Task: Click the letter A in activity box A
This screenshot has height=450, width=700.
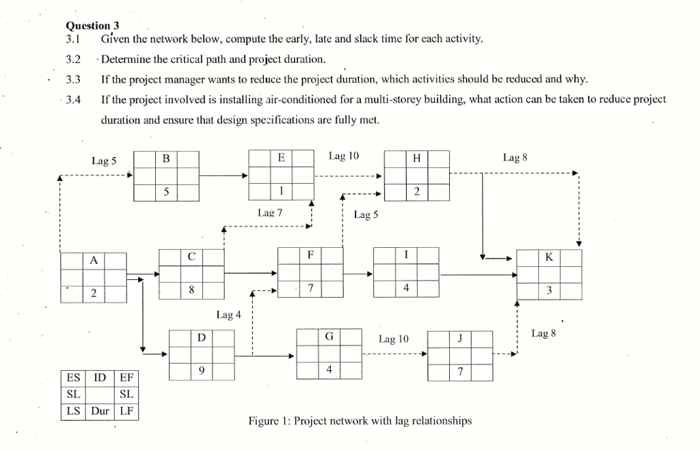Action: [93, 260]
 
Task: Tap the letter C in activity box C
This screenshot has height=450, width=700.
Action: [191, 257]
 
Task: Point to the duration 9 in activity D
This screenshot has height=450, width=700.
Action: [201, 371]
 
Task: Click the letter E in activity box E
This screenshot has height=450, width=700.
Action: [281, 158]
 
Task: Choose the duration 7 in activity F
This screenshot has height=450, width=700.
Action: [310, 288]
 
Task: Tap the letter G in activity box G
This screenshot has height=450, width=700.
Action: [329, 337]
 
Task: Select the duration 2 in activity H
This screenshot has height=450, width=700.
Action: [417, 191]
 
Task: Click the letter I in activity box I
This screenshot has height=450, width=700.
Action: [406, 255]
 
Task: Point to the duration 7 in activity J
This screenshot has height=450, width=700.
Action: [460, 371]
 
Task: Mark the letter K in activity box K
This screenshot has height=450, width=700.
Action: [550, 257]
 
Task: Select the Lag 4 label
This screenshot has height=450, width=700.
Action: [228, 315]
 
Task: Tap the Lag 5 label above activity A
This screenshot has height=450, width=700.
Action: [104, 161]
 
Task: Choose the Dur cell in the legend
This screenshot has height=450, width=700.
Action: [100, 411]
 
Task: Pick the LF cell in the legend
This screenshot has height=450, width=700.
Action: [126, 411]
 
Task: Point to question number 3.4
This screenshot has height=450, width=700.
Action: [73, 100]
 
